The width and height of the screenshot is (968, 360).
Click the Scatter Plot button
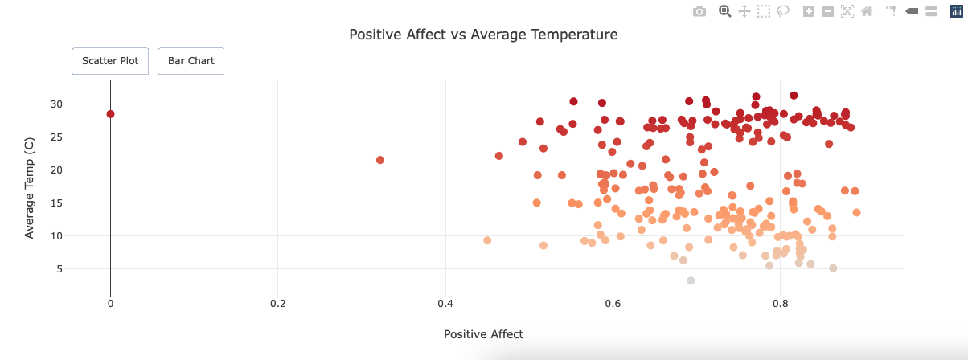[110, 61]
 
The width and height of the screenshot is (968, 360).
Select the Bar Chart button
[191, 61]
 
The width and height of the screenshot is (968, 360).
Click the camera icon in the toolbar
[699, 11]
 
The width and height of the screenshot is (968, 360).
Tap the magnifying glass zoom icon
[724, 11]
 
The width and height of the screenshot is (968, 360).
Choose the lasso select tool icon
[782, 11]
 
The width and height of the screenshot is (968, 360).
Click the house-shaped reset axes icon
[866, 11]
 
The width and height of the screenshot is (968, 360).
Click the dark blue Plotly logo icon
[956, 11]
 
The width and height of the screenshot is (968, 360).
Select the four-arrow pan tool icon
[744, 11]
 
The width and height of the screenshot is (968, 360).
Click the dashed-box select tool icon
[763, 11]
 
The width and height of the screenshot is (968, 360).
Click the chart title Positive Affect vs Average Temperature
[483, 35]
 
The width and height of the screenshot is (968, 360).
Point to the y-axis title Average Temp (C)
[30, 187]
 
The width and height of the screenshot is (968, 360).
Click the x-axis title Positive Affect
[483, 334]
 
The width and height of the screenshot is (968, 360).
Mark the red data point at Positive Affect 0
[110, 114]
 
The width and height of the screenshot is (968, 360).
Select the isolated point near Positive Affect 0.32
[380, 160]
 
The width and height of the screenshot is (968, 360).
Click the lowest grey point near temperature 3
[691, 280]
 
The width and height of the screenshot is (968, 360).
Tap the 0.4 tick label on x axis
[445, 305]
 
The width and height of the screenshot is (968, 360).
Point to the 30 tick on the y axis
[79, 104]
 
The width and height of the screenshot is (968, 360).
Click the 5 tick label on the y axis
[82, 269]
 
